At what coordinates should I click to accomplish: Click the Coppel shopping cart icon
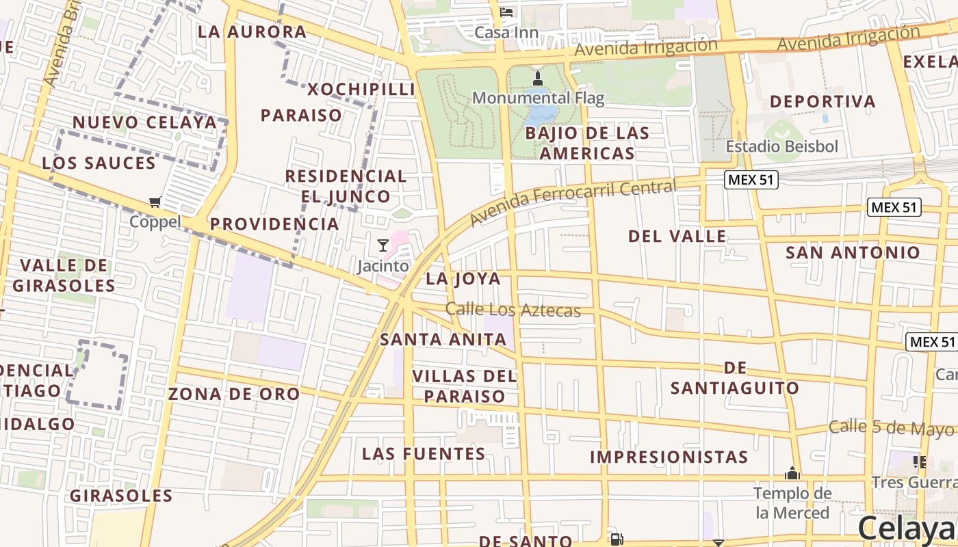click(x=155, y=202)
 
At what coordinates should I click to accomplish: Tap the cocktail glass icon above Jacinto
click(x=383, y=245)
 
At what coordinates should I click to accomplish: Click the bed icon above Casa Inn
click(x=506, y=12)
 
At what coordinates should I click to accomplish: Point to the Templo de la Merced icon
click(x=792, y=473)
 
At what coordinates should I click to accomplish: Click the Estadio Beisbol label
click(x=781, y=146)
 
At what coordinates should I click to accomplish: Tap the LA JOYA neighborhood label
click(x=463, y=279)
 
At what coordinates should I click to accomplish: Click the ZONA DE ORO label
click(x=234, y=394)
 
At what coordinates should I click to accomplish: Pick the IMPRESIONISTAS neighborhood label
click(x=669, y=457)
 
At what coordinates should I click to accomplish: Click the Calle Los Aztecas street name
click(x=513, y=310)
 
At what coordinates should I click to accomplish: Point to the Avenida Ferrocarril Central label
click(x=573, y=202)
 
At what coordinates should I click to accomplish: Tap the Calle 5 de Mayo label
click(x=891, y=428)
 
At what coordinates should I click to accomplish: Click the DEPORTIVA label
click(x=823, y=102)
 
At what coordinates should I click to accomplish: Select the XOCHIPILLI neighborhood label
click(x=361, y=90)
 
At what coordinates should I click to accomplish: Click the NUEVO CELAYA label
click(x=144, y=123)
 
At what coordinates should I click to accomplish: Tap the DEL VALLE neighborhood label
click(x=677, y=237)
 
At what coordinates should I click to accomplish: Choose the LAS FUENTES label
click(x=424, y=454)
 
